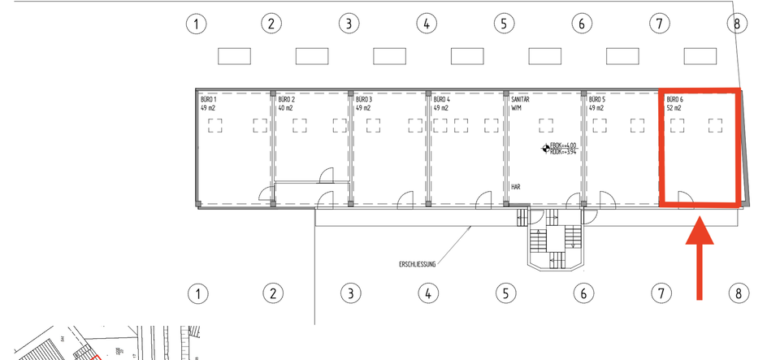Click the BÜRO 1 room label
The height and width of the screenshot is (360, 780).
point(209,103)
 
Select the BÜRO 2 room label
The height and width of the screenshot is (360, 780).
point(287,103)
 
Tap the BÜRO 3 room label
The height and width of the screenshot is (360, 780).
point(364,103)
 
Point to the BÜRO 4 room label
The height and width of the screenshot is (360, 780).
point(441,103)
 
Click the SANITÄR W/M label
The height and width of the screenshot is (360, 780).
point(521,103)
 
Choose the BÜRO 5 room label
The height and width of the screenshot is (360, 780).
point(597,103)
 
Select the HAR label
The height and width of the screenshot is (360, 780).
point(515,187)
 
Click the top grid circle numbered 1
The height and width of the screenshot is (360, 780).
point(195,24)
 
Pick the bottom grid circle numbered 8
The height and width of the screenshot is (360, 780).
point(738,293)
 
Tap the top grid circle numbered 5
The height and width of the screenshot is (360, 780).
point(504,24)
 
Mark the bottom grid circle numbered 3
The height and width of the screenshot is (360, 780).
point(350,293)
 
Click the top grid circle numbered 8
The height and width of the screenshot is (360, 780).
point(737,24)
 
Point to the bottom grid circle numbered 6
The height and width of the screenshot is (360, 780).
point(582,293)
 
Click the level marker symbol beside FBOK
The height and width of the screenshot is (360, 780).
point(544,149)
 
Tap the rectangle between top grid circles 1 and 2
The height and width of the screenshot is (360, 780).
point(234,56)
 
